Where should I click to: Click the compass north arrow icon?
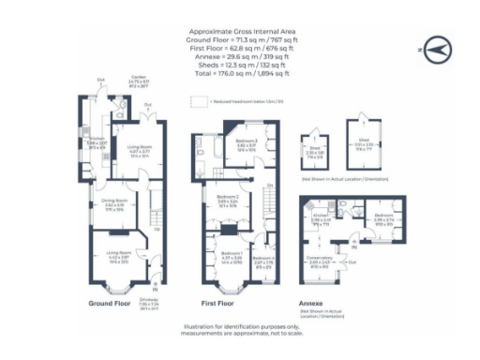click(433, 45)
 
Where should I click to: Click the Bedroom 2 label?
click(229, 200)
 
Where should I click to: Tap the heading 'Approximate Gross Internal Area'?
click(239, 31)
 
